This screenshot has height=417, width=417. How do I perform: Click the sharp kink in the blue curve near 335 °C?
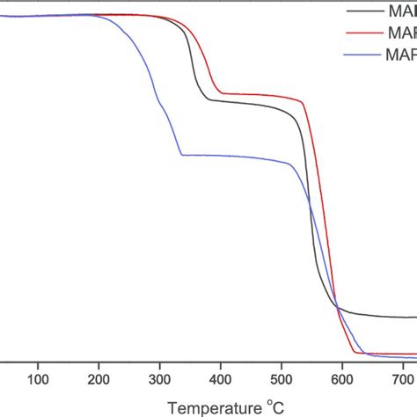tap(181, 155)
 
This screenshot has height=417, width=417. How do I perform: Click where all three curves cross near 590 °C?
tap(338, 306)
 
